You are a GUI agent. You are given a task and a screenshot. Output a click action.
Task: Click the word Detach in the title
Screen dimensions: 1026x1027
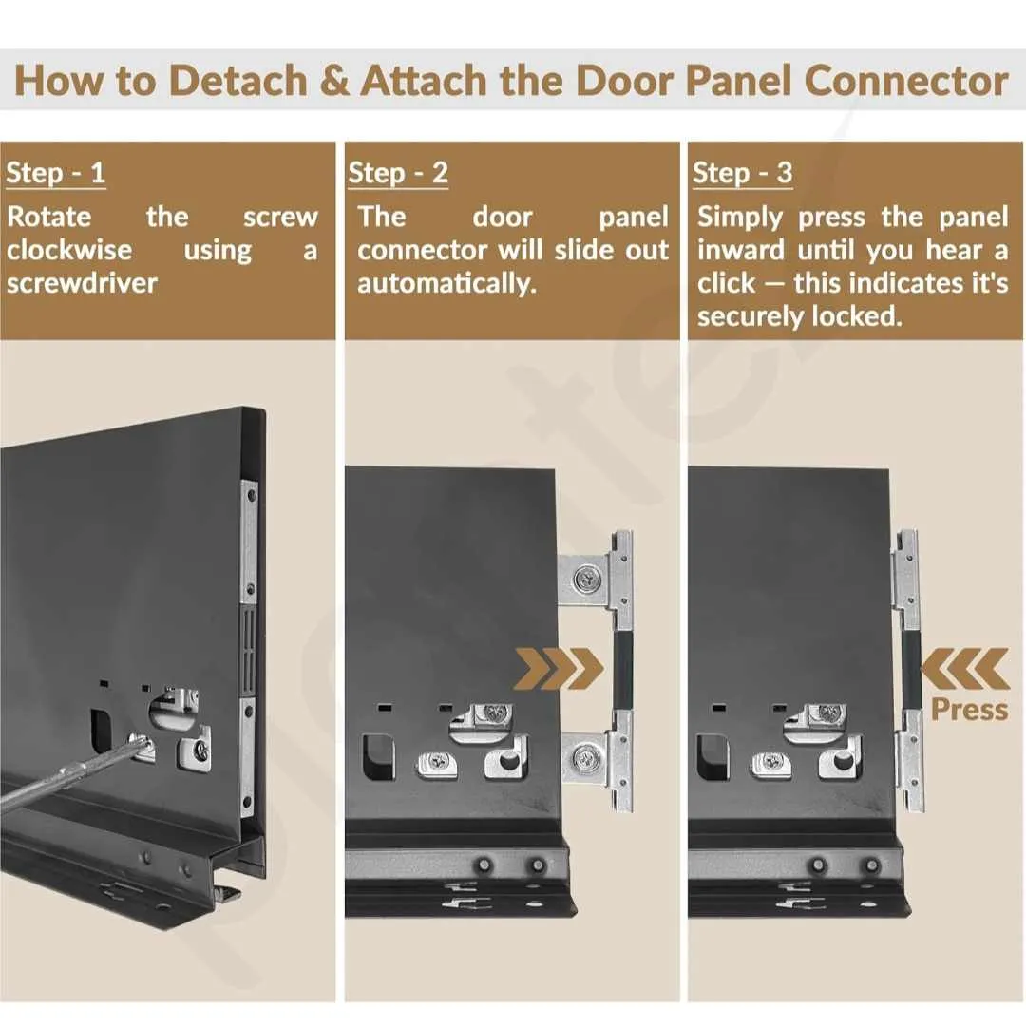coord(237,81)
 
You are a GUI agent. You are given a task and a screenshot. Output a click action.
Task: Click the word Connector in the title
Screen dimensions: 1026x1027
coord(906,81)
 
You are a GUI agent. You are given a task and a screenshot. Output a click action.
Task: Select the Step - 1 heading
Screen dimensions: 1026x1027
coord(56,173)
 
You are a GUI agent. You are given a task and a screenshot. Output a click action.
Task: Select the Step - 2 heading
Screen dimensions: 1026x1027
coord(398,173)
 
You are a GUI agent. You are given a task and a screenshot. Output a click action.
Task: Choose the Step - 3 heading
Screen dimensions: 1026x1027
coord(743,173)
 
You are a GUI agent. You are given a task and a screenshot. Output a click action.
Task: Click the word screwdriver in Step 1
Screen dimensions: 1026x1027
coord(83,283)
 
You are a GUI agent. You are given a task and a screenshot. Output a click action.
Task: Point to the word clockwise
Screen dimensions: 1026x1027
coord(69,250)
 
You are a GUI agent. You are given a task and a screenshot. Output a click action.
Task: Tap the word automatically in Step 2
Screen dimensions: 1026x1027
coord(447,284)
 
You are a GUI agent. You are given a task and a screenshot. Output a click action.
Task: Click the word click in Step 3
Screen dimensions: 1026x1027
coord(726,284)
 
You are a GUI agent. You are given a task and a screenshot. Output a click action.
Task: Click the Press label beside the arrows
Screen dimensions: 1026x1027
coord(969,710)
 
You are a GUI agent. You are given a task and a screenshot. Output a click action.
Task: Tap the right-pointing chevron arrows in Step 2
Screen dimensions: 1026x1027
coord(560,669)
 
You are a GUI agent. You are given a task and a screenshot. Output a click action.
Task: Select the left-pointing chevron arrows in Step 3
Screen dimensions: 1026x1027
coord(965,669)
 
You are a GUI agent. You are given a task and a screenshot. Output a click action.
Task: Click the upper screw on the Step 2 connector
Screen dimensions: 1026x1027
coord(584,579)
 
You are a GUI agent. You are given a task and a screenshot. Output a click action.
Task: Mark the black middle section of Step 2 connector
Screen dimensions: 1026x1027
coord(622,669)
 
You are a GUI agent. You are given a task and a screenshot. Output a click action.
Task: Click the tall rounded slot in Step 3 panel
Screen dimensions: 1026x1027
coord(713,757)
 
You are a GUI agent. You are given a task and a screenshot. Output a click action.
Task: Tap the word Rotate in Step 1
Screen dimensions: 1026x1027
coord(49,217)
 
